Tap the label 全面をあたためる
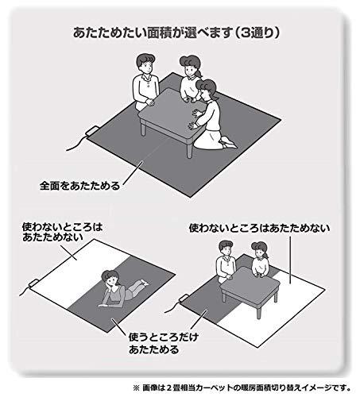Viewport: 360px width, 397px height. coord(80,186)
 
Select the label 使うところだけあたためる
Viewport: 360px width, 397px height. coord(164,344)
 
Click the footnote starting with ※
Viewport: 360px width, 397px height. coord(242,388)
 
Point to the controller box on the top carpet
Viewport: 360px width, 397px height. coord(92,131)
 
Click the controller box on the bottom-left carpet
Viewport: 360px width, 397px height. coord(33,283)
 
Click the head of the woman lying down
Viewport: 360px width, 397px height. coord(110,278)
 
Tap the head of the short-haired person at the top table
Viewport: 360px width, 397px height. coord(145,63)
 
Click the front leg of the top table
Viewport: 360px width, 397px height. coord(189,151)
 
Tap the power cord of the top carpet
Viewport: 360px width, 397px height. coord(77,145)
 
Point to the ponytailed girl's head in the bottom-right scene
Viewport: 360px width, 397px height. coord(260,249)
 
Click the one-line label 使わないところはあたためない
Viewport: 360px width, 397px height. coord(259,228)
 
